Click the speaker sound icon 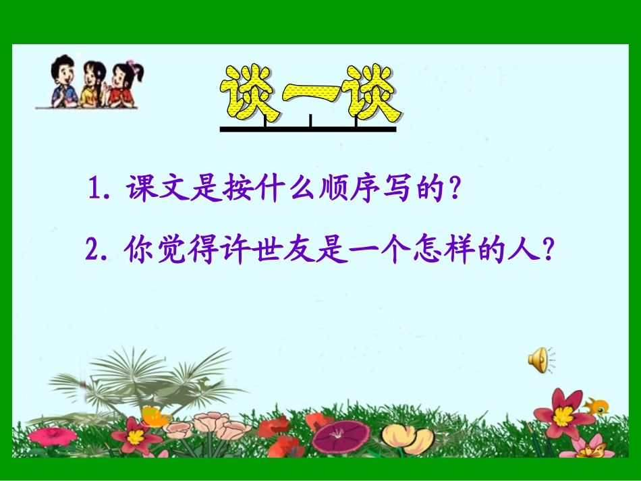(538, 360)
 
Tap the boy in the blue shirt (65, 82)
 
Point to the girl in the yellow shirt (94, 85)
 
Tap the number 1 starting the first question (94, 192)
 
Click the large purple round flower (341, 436)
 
